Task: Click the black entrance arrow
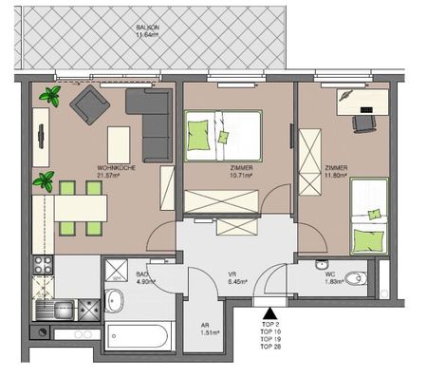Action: click(x=269, y=312)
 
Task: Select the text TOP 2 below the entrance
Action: click(x=269, y=324)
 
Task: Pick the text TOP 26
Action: click(x=269, y=347)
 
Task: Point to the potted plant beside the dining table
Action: click(x=43, y=180)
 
